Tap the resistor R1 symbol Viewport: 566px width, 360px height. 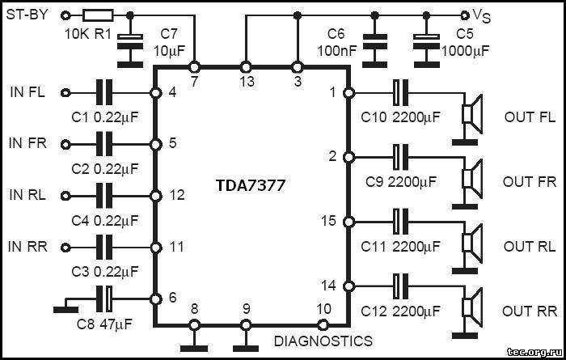(101, 15)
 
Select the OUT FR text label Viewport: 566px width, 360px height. (530, 181)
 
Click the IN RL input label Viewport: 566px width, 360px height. (27, 196)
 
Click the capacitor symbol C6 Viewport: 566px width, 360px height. (374, 40)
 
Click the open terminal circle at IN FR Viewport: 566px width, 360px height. (65, 144)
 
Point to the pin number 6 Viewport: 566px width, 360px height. (171, 298)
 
